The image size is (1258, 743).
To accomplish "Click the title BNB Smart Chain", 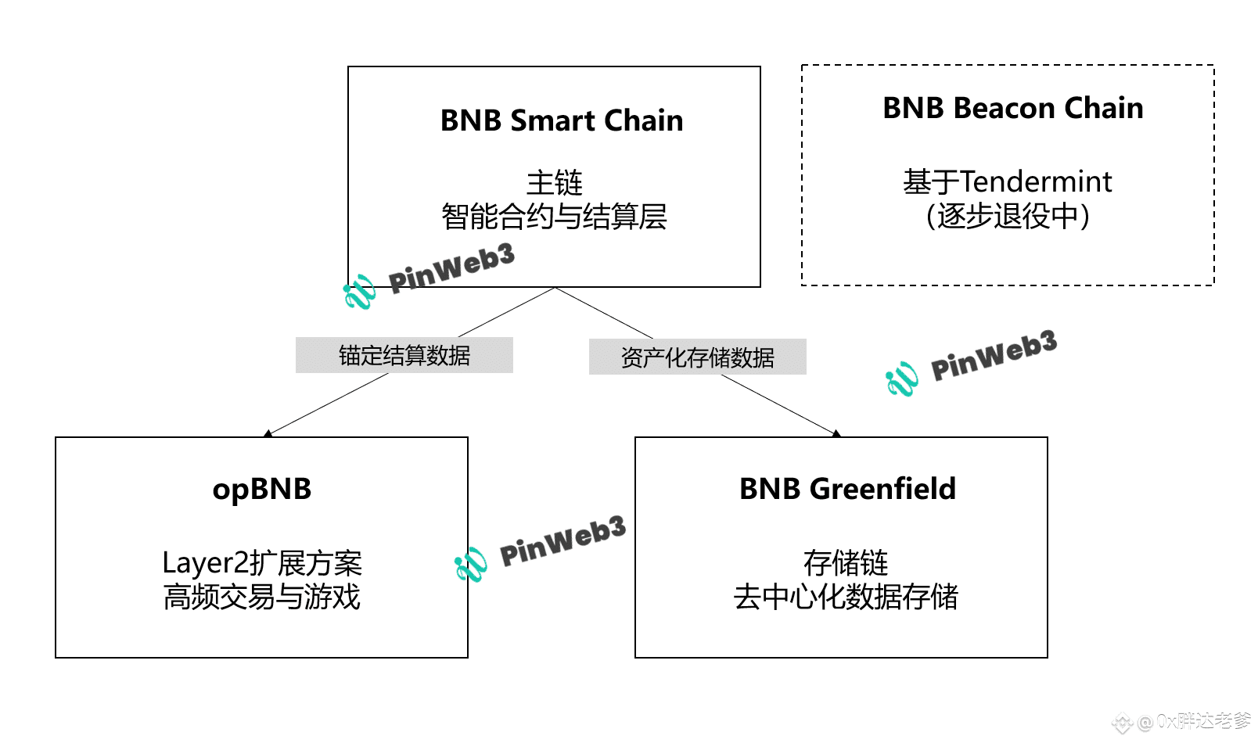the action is coord(562,120).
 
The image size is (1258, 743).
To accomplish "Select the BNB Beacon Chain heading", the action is coord(1013,107).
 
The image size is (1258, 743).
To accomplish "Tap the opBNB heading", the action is coord(262,489).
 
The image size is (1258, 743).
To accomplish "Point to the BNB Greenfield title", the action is coord(847,488).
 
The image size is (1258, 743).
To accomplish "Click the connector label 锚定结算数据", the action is coord(404,356).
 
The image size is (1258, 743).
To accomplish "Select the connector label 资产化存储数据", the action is coord(698,357).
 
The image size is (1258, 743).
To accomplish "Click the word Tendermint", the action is coord(1036,181).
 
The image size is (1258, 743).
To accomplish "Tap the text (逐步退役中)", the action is coord(1008,216).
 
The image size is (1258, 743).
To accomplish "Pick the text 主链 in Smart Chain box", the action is coord(555,182).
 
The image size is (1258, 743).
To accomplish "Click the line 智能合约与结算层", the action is coord(555,217).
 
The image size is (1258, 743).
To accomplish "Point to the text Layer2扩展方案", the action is coord(262,563).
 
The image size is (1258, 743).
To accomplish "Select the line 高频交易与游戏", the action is coord(262,597).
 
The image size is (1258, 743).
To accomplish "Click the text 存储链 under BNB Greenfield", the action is coord(846,563).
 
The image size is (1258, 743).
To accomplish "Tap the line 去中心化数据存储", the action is coord(846,597).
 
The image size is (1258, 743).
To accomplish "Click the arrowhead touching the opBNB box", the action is coord(268,433).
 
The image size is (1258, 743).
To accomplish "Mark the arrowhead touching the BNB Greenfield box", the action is coord(836,433).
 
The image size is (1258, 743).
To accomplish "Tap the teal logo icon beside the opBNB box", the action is coord(471,565).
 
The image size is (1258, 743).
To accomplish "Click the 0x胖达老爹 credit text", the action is coord(1204,720).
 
